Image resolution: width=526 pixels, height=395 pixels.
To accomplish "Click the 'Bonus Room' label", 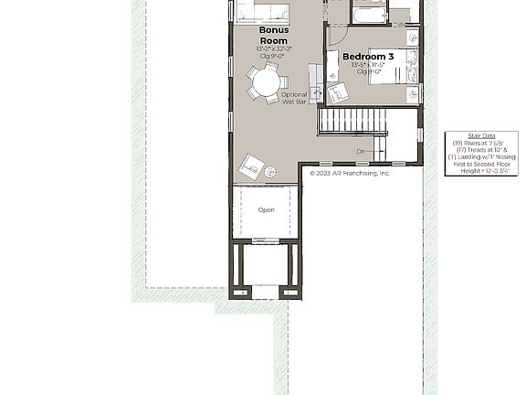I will point(273,36).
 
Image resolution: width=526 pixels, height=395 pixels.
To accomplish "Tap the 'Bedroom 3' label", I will point(368,57).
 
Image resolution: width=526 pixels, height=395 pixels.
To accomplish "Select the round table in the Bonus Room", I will point(267,83).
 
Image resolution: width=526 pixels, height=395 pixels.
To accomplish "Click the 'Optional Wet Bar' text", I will point(294,98).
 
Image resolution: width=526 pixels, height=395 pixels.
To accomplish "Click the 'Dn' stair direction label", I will point(361,152).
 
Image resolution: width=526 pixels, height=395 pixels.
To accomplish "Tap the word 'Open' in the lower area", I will point(266,210).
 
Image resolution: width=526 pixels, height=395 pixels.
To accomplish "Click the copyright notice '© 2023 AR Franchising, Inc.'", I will point(350,173).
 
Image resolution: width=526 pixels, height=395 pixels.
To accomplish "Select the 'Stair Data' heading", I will point(481,136).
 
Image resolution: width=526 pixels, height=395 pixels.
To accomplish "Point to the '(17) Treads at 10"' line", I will point(481,150).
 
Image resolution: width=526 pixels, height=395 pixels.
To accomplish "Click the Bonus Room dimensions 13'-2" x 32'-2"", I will point(274,48).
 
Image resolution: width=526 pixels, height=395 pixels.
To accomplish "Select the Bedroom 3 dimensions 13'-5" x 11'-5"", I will point(368,65).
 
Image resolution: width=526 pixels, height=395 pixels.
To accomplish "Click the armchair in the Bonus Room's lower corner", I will point(251,166).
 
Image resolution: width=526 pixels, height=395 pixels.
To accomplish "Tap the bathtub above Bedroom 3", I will point(369,14).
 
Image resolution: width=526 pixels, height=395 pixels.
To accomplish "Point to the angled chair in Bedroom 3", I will point(337,92).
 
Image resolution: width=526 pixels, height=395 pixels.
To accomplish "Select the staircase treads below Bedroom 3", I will point(353,121).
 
